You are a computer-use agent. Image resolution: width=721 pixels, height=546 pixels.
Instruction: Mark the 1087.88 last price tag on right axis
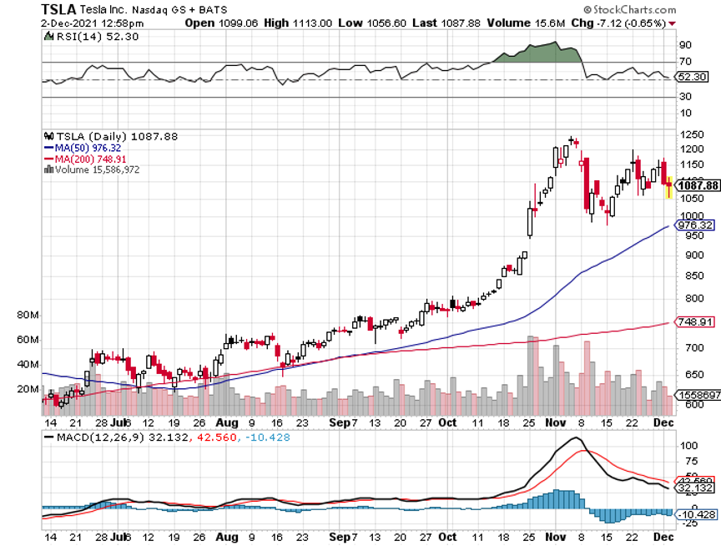click(698, 185)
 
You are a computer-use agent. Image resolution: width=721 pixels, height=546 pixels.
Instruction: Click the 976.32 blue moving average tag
click(698, 225)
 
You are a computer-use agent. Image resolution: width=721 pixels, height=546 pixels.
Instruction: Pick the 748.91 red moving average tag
click(698, 321)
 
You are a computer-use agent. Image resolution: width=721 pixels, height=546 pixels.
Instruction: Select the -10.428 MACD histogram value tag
click(698, 514)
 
